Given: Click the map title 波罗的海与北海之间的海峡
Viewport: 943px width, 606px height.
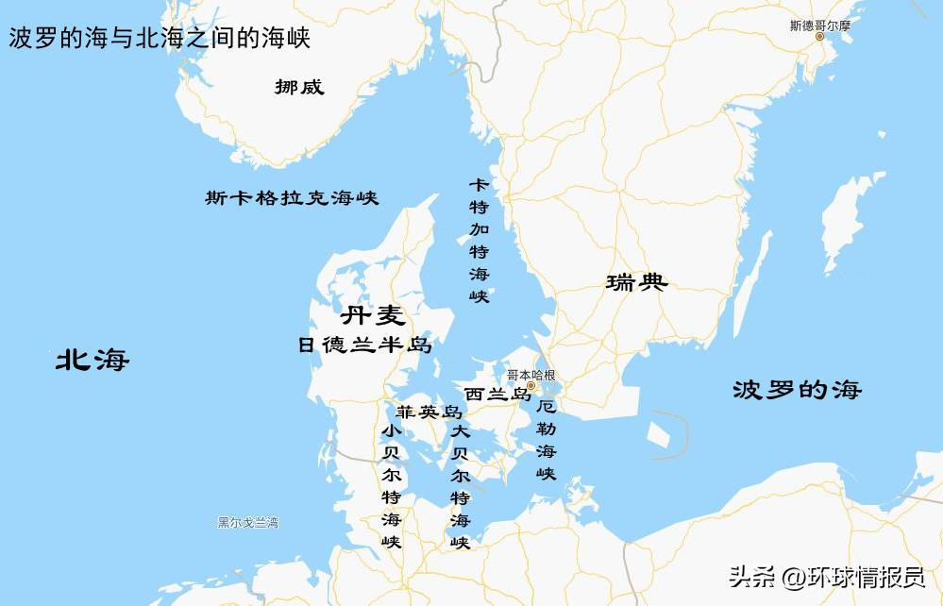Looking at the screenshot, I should click(160, 39).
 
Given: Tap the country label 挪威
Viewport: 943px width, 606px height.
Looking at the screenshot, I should click(299, 87).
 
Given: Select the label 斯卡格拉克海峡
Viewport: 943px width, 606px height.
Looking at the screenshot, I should click(292, 198).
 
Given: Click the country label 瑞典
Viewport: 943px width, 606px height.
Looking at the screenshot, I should click(637, 281).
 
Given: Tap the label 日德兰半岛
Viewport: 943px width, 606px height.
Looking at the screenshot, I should click(364, 345).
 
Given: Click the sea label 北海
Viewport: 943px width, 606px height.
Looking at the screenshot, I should click(92, 360).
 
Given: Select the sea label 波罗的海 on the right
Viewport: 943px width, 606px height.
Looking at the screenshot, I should click(797, 390).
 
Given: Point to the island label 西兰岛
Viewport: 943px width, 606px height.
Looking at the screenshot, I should click(497, 395).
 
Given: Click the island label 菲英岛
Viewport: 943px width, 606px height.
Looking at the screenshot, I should click(429, 412).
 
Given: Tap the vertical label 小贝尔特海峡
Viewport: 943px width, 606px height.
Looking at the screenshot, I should click(391, 485).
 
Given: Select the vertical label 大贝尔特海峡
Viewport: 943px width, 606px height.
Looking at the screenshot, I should click(460, 485).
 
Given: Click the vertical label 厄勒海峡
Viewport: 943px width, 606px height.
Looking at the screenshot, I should click(546, 440).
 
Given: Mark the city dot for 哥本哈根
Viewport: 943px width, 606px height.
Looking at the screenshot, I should click(530, 386).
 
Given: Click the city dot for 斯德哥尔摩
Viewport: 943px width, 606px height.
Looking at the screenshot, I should click(819, 37).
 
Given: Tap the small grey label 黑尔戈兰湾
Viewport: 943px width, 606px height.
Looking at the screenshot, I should click(247, 523).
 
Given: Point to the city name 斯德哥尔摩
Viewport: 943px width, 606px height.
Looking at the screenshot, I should click(819, 25).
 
